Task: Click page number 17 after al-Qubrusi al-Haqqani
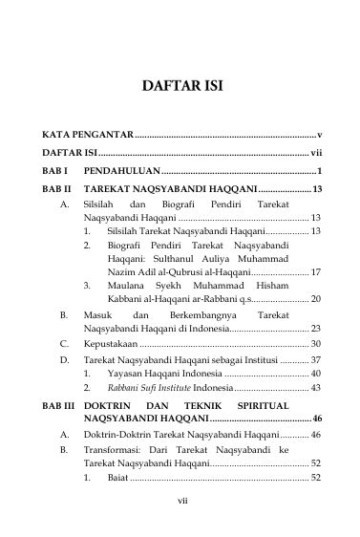315,272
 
